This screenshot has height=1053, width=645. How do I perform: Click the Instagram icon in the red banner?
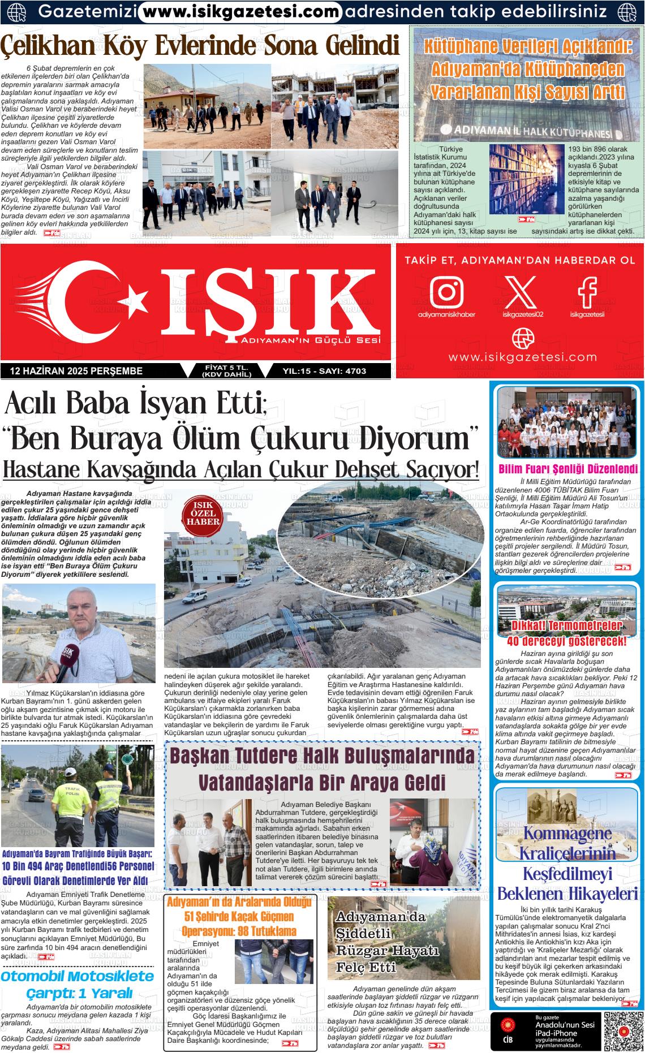(446, 291)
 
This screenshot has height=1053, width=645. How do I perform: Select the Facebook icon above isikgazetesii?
(587, 290)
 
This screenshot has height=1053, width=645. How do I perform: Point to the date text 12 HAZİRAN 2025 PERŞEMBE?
(76, 371)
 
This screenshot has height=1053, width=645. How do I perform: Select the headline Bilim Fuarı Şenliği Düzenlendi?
(568, 469)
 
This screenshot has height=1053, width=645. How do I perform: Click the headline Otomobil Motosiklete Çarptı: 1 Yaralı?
(78, 983)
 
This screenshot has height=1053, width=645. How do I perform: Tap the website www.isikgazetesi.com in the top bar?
(240, 11)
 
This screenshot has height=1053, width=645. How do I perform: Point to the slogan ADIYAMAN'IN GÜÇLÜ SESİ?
(310, 340)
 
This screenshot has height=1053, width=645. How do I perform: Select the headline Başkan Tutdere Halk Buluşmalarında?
(322, 756)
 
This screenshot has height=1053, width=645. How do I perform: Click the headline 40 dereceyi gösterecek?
(567, 641)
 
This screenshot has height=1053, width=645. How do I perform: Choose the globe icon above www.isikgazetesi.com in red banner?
(522, 338)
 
